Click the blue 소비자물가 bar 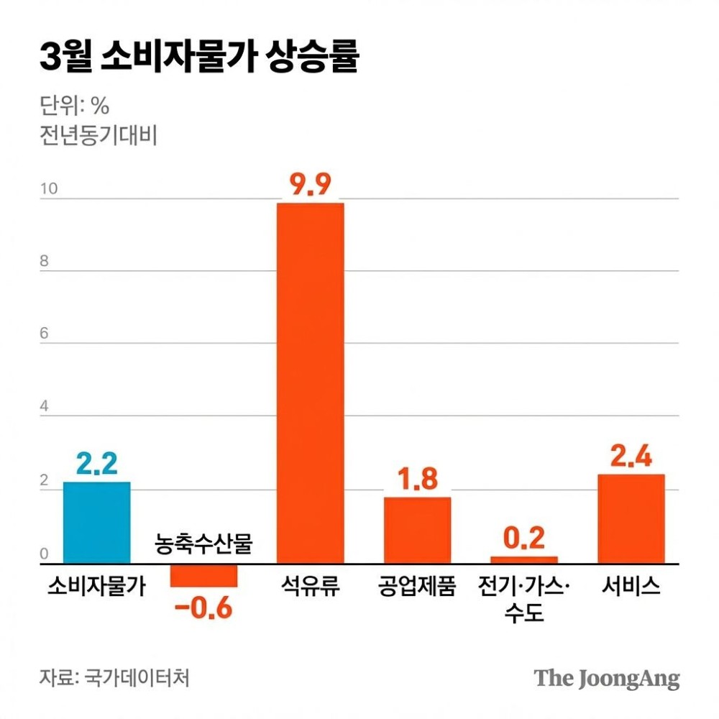tap(96, 523)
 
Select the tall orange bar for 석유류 tap(311, 383)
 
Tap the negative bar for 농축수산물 tap(203, 576)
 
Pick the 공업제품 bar tap(417, 531)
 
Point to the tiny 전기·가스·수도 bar tap(524, 560)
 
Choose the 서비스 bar tap(631, 519)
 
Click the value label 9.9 tap(310, 185)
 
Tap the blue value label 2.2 tap(96, 464)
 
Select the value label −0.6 tap(203, 608)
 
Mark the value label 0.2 tap(524, 539)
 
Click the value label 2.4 tap(631, 457)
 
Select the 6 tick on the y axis tap(45, 335)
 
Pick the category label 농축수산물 tap(203, 544)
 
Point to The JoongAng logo tap(606, 678)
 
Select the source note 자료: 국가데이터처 tap(115, 677)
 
